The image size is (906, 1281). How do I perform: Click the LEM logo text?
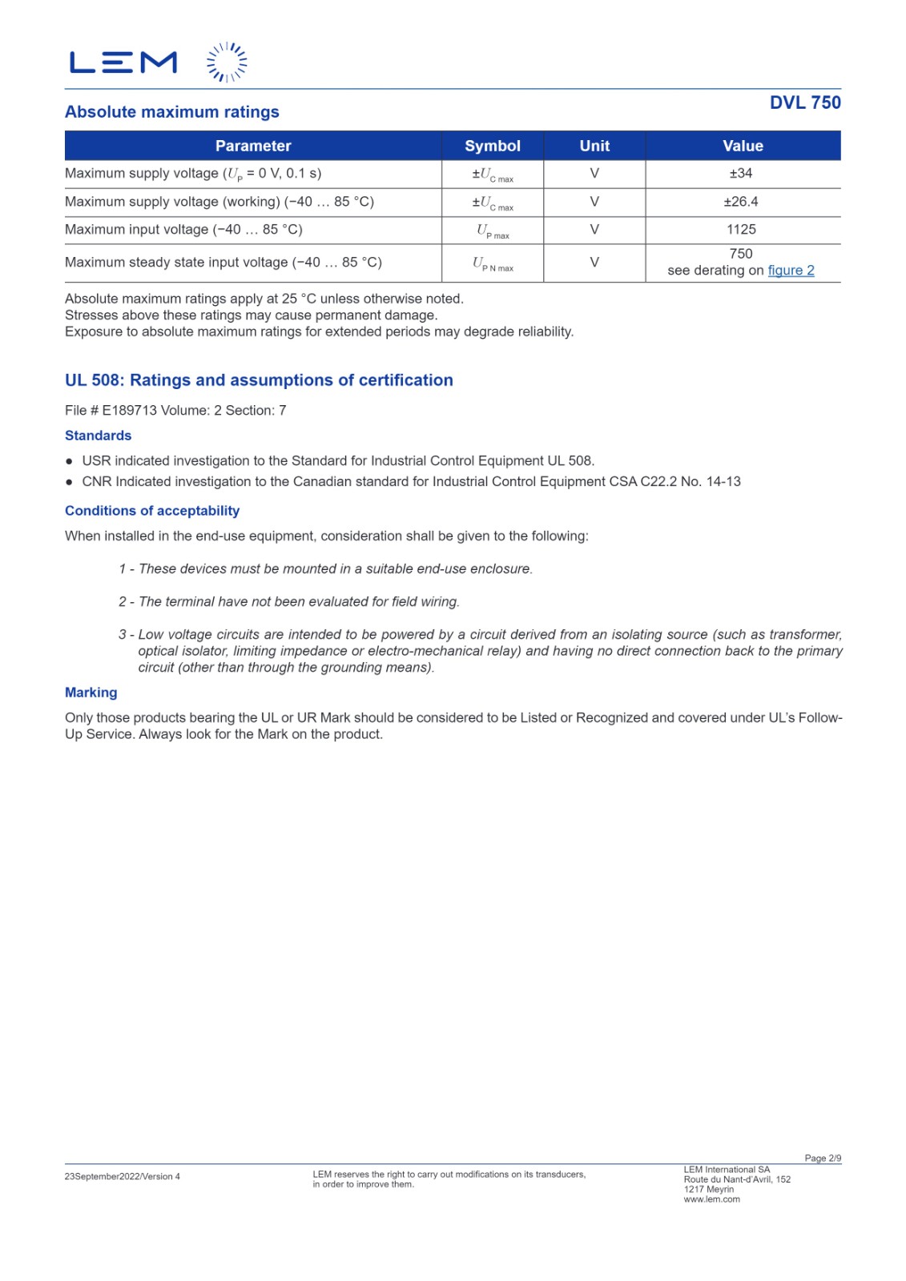123,62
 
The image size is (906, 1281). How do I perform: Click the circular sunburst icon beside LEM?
227,62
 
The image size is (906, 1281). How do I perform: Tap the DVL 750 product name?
804,102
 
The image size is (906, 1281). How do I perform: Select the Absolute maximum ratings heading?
172,112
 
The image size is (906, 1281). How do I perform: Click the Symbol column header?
492,146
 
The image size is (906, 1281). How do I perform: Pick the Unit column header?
594,146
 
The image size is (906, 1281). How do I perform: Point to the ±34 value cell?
741,173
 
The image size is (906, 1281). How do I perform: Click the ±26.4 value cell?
741,202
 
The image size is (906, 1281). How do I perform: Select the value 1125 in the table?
741,230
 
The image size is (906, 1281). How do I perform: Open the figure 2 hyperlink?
791,271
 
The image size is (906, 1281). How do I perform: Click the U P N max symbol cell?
492,263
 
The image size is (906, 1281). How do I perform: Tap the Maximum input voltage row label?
183,230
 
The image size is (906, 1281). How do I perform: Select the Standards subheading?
98,436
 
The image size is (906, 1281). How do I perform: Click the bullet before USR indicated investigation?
70,461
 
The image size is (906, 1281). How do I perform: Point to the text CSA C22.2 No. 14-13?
690,482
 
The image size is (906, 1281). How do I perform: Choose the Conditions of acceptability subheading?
152,511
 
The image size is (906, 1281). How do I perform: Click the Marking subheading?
91,693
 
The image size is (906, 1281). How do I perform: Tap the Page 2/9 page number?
822,1159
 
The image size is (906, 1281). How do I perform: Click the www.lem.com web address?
711,1199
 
